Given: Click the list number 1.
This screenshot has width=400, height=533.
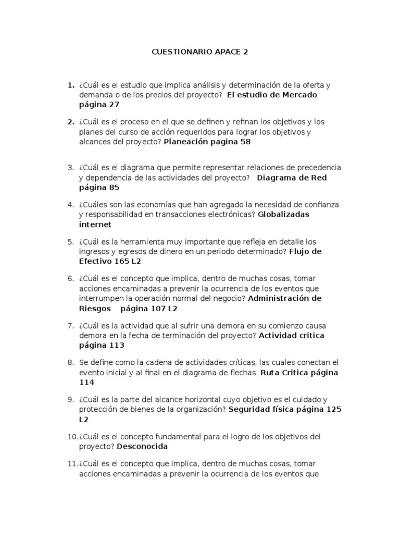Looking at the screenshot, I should pos(71,85).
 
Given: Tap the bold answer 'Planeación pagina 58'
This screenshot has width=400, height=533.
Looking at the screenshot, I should pos(207,142).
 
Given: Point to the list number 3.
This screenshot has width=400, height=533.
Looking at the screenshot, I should pos(71,168).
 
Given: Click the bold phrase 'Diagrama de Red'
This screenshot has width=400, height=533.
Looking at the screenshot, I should pos(292,177).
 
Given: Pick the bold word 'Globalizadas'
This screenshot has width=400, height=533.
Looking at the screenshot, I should pos(284,214).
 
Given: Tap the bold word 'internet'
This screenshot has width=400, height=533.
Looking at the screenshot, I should pos(95,224).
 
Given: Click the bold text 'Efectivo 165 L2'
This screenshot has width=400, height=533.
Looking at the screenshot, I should pos(110,261).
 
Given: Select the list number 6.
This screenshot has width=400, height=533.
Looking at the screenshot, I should pos(71,278).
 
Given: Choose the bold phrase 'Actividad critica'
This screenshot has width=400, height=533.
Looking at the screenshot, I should pos(291,335).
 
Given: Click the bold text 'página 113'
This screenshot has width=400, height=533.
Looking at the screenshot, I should pos(102,345).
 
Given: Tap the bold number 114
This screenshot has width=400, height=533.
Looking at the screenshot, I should pos(86,382).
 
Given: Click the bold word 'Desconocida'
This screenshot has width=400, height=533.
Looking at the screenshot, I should pos(142,446).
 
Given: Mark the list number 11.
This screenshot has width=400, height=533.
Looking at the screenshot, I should pos(72,463).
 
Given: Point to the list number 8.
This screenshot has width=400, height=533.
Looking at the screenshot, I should pos(71,362).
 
